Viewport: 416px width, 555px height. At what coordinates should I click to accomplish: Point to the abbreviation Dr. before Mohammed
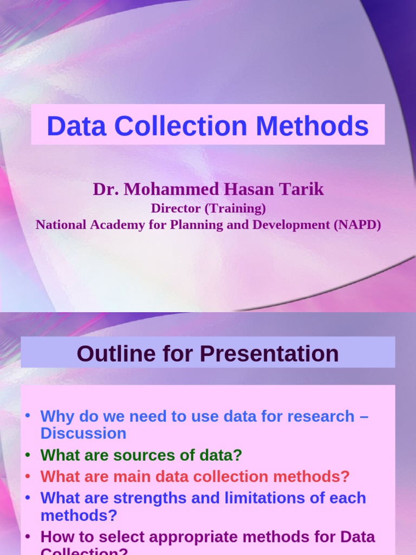(106, 189)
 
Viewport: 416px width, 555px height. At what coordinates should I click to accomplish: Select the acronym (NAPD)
(356, 224)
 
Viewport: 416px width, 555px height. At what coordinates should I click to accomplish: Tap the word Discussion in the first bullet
(83, 434)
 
